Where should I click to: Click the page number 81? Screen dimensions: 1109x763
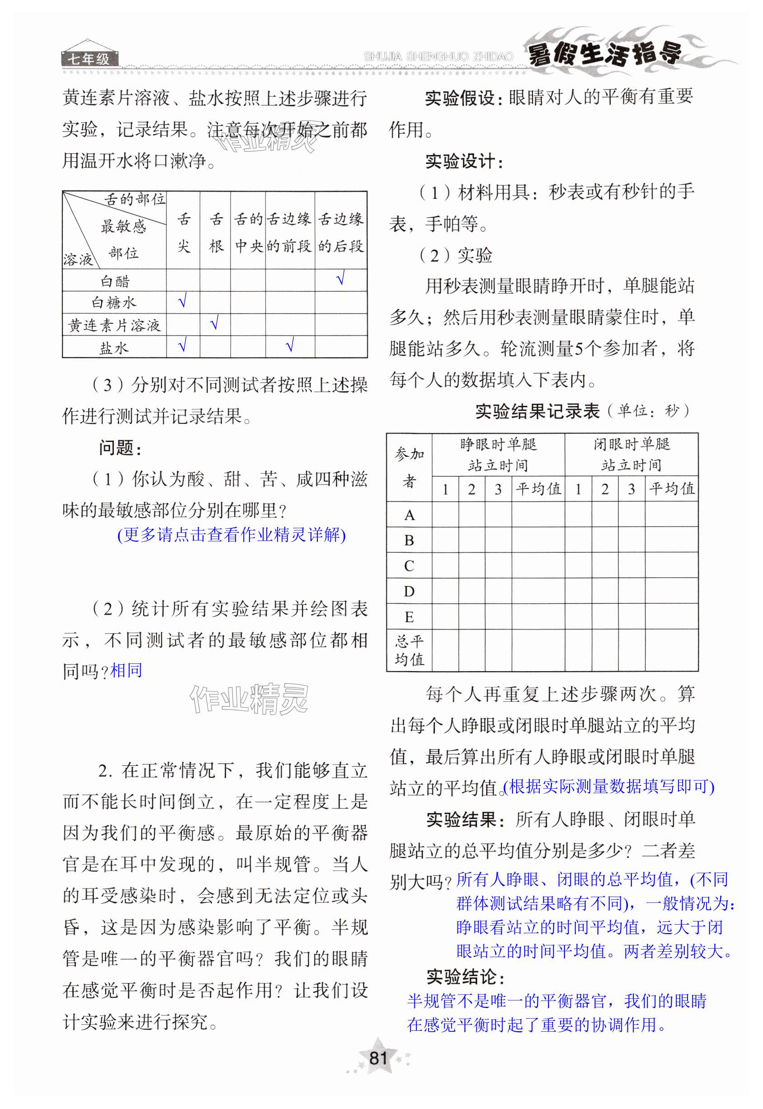(378, 1057)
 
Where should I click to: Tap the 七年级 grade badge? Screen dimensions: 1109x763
(89, 59)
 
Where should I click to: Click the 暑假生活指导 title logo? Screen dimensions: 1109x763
(605, 53)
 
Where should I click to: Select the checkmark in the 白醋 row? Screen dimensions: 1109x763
(340, 278)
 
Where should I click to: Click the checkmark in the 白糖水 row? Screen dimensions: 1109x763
(182, 301)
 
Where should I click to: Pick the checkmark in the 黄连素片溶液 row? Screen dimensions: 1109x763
(214, 324)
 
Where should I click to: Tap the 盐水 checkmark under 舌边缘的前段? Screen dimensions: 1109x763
(289, 345)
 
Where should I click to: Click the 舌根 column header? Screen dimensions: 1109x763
(216, 232)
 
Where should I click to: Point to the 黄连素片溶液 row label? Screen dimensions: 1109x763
(114, 325)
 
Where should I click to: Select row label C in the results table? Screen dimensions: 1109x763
(409, 566)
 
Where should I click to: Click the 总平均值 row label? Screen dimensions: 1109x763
(409, 650)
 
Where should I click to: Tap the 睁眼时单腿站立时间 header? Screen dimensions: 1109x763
(498, 455)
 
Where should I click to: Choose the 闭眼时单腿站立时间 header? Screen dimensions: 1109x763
(631, 455)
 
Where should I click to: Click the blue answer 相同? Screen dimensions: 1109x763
(126, 670)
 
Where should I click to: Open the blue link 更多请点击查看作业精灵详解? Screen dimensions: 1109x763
(231, 535)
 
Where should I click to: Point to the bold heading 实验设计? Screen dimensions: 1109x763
(463, 162)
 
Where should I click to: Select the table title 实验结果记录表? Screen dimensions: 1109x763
(537, 411)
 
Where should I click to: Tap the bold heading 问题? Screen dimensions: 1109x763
(119, 448)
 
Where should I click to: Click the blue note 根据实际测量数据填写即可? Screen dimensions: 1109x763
(609, 786)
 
